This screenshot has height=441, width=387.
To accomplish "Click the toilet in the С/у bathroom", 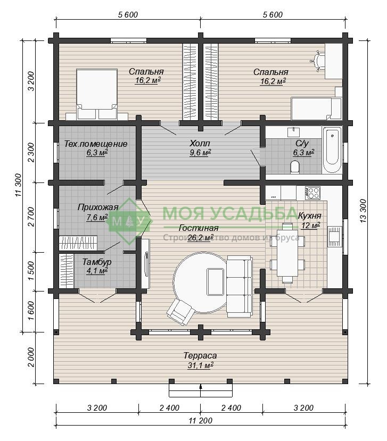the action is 295,167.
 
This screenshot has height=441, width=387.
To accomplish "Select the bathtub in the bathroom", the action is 332,150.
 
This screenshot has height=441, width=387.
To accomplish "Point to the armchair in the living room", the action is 180,312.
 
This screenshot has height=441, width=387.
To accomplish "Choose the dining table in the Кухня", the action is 287,253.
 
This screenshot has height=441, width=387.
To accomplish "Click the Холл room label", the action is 200,144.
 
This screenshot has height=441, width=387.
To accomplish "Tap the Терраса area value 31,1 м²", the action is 200,365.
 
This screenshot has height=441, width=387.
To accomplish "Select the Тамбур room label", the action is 96,262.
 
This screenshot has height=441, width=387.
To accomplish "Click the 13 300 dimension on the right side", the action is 363,211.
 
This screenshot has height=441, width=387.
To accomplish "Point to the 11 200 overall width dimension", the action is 200,420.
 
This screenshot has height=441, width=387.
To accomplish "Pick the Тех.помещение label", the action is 96,144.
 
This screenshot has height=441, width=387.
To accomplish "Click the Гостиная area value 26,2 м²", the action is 200,238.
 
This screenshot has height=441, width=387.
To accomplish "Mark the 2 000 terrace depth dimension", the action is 31,357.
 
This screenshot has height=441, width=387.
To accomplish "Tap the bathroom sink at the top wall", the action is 293,132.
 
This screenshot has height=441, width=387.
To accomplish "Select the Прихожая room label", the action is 97,207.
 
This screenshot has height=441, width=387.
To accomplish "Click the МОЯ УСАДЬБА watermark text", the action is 230,213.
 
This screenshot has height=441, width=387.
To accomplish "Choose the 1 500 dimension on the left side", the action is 31,271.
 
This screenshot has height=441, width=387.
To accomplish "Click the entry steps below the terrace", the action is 201,389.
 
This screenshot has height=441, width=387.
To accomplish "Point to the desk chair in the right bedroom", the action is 317,61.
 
